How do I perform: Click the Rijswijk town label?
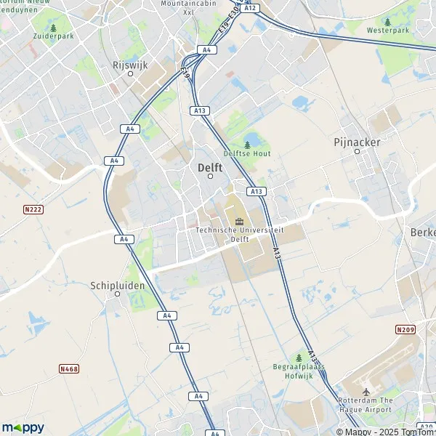coord(130,65)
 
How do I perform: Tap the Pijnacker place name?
coord(357,142)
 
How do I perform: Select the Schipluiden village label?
coord(118,286)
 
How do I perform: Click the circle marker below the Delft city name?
coord(211,176)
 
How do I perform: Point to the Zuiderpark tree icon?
coord(53,28)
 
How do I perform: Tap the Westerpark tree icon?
coord(387,23)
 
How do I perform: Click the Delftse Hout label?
coord(247,154)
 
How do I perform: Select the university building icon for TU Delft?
coord(238,220)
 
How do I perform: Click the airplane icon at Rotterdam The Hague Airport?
coord(366,392)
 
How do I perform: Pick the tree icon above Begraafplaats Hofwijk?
coord(299,358)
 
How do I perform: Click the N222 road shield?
coord(30,209)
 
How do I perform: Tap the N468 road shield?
coord(69,369)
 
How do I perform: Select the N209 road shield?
coord(406,330)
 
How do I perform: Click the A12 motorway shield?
coord(251,7)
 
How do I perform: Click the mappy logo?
coord(23,427)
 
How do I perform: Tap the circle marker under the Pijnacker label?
coord(357,152)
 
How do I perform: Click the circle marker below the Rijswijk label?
coord(131,73)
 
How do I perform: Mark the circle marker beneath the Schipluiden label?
coord(118,294)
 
